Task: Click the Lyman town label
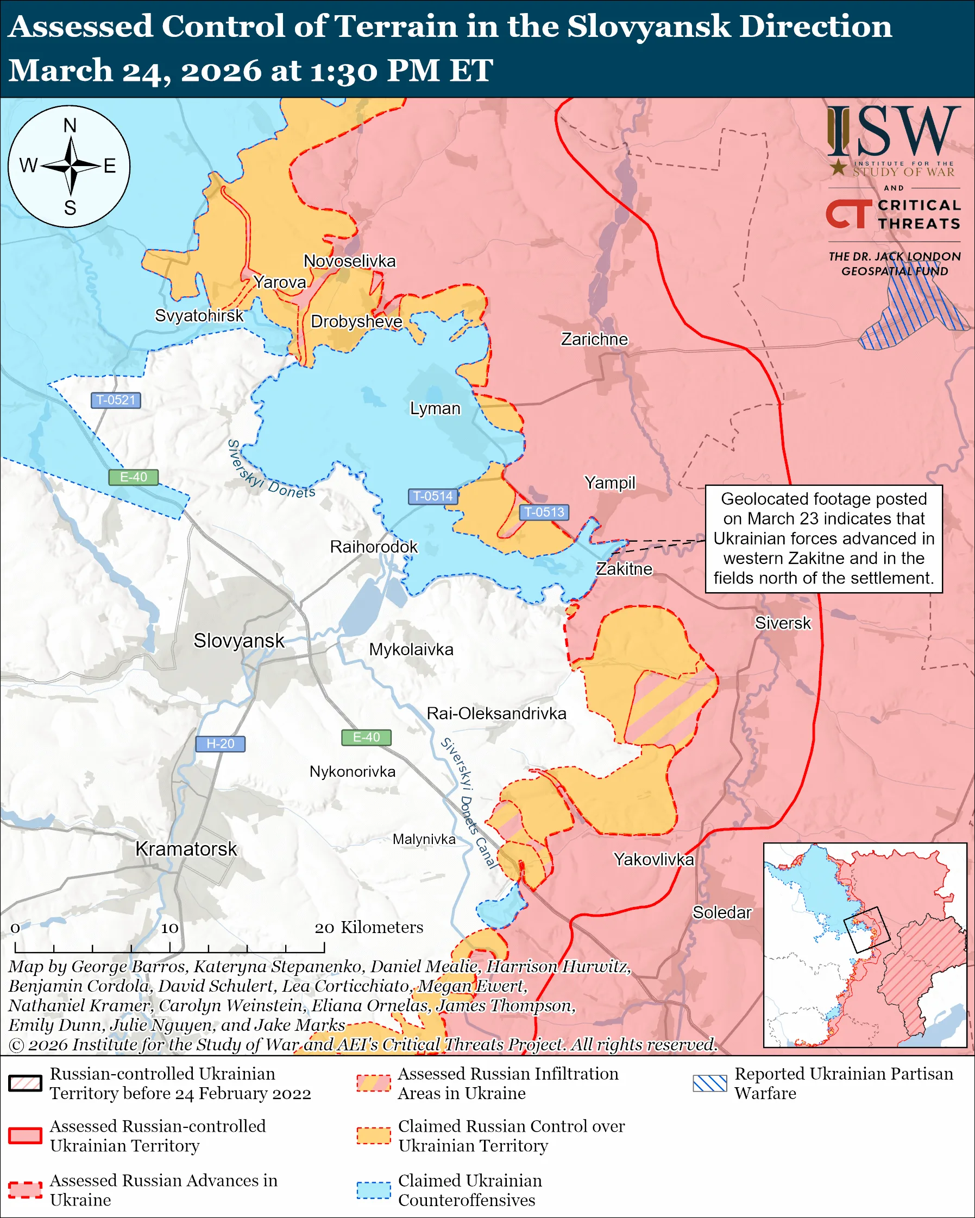(x=435, y=409)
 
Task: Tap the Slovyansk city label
(x=238, y=640)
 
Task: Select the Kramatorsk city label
(x=186, y=848)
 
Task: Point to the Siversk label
(x=782, y=623)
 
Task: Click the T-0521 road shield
(x=115, y=400)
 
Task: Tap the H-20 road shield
(x=220, y=744)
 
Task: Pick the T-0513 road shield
(x=544, y=512)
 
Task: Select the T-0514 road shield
(x=432, y=496)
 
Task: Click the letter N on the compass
(x=70, y=125)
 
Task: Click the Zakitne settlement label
(x=624, y=569)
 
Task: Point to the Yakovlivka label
(x=653, y=859)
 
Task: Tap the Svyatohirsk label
(x=199, y=315)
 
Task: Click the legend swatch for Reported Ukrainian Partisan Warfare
(x=709, y=1083)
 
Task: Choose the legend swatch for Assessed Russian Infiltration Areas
(x=373, y=1083)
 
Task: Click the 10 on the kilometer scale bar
(x=169, y=928)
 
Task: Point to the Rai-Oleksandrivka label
(x=496, y=714)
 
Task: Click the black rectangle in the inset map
(x=866, y=929)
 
